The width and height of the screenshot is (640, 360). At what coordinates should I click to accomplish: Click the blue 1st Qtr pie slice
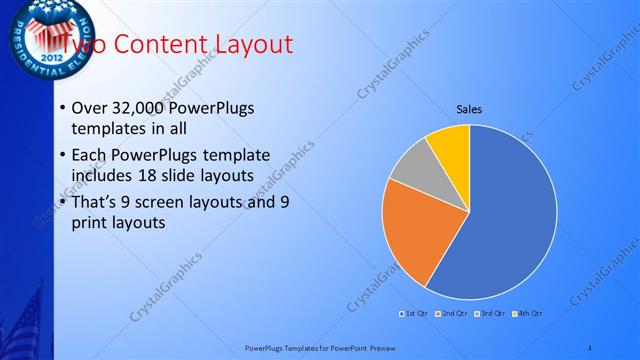point(505,220)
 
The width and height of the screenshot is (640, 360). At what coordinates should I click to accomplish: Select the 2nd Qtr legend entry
point(452,315)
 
